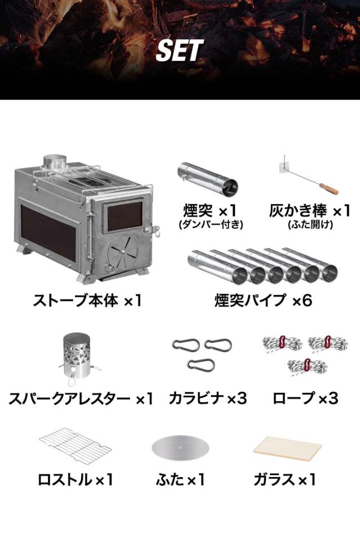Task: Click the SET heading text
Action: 179,51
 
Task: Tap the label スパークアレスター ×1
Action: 80,398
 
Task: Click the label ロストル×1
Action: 76,480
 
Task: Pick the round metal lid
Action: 179,447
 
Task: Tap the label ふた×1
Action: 180,480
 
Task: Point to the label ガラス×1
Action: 285,480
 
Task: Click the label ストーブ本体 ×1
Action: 87,300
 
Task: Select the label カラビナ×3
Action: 208,398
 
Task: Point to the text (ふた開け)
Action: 310,225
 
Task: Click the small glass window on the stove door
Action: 124,216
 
